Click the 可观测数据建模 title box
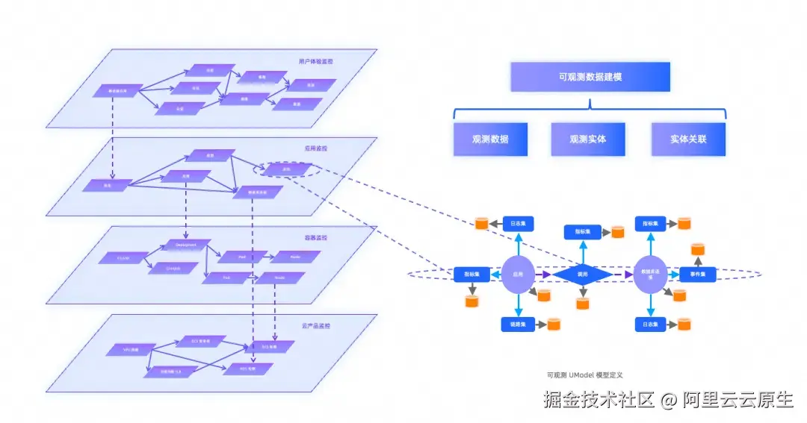pyautogui.click(x=590, y=77)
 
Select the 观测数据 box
pyautogui.click(x=490, y=140)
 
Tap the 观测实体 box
pyautogui.click(x=588, y=140)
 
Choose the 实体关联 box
pyautogui.click(x=687, y=140)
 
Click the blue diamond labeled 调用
pyautogui.click(x=583, y=275)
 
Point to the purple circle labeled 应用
pyautogui.click(x=517, y=275)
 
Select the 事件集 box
pyautogui.click(x=697, y=275)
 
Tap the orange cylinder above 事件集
pyautogui.click(x=698, y=249)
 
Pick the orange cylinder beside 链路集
pyautogui.click(x=554, y=324)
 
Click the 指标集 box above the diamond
pyautogui.click(x=583, y=232)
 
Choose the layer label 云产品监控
pyautogui.click(x=316, y=326)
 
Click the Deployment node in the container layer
pyautogui.click(x=186, y=245)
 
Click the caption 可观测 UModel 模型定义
pyautogui.click(x=585, y=375)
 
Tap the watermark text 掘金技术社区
pyautogui.click(x=599, y=400)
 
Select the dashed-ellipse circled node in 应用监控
pyautogui.click(x=286, y=169)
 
